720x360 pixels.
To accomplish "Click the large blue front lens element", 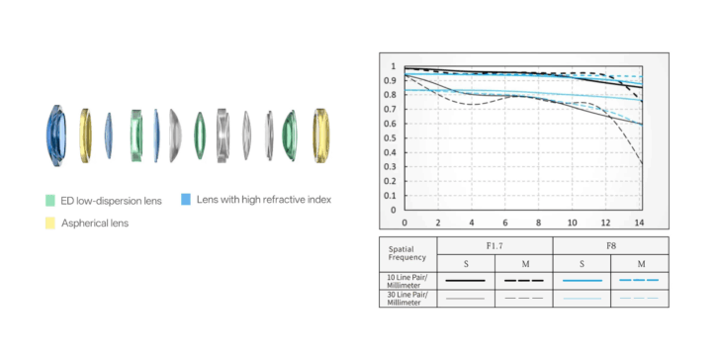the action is click(56, 135).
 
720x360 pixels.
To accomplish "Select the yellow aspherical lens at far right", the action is click(321, 135).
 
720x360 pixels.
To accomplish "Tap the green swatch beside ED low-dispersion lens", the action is click(50, 201).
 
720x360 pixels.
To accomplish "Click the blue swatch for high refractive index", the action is click(186, 200).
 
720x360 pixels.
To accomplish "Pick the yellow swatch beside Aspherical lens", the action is click(50, 224).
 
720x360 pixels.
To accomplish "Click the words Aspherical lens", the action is click(95, 224).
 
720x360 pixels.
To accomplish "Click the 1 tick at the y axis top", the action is click(393, 66).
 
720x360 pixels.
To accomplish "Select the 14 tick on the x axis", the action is click(639, 223).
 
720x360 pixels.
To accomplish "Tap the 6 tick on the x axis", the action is click(505, 223).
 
